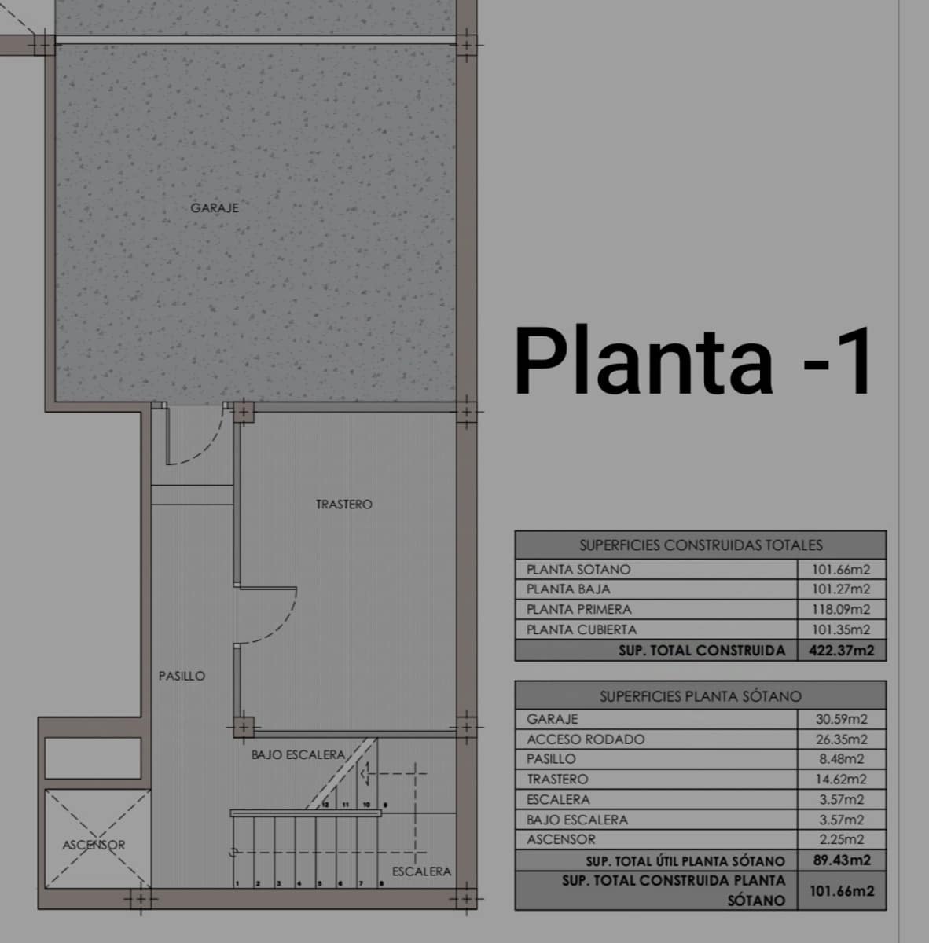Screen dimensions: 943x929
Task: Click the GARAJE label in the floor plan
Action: [x=215, y=208]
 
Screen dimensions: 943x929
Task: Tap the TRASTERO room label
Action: [x=344, y=505]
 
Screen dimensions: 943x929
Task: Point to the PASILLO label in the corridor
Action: [x=182, y=676]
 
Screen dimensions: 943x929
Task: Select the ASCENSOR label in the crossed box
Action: [x=94, y=846]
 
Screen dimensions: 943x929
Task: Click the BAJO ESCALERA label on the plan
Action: [x=298, y=755]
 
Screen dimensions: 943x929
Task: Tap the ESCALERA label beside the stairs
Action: [x=421, y=871]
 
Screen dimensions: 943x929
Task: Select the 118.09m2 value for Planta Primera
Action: [x=840, y=610]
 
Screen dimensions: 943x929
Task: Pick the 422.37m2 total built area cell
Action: [x=841, y=651]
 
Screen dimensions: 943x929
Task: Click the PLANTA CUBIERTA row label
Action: [x=582, y=629]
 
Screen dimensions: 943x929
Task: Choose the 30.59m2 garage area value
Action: [x=841, y=719]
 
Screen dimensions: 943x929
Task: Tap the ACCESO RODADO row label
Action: [x=586, y=739]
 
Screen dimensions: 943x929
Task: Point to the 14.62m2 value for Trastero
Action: [x=841, y=780]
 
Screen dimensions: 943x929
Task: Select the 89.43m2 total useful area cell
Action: [x=841, y=860]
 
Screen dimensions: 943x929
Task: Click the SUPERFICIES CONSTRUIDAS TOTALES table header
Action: [x=700, y=545]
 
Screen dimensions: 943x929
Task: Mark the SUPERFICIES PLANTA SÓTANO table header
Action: [x=700, y=696]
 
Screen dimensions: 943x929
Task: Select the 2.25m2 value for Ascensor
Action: [x=841, y=839]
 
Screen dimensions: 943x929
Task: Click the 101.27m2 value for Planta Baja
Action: [x=840, y=589]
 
